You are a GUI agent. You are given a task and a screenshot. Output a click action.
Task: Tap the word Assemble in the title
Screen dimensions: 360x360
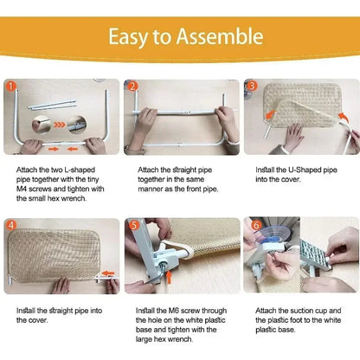[x=220, y=37]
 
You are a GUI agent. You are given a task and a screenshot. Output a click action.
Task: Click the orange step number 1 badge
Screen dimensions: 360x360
[x=10, y=87]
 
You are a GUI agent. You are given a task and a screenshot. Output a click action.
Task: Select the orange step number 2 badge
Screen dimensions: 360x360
[x=132, y=87]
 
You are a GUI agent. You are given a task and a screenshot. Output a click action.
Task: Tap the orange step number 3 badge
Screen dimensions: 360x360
[x=252, y=87]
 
